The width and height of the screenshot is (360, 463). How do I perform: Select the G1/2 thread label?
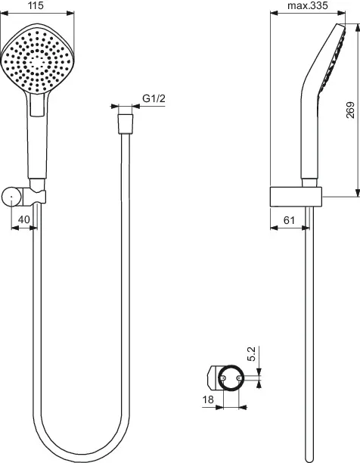click(x=154, y=98)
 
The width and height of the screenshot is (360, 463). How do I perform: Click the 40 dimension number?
click(x=24, y=219)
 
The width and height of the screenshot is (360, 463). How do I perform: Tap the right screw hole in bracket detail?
click(x=241, y=375)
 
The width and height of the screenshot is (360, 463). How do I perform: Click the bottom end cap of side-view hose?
click(x=309, y=456)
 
